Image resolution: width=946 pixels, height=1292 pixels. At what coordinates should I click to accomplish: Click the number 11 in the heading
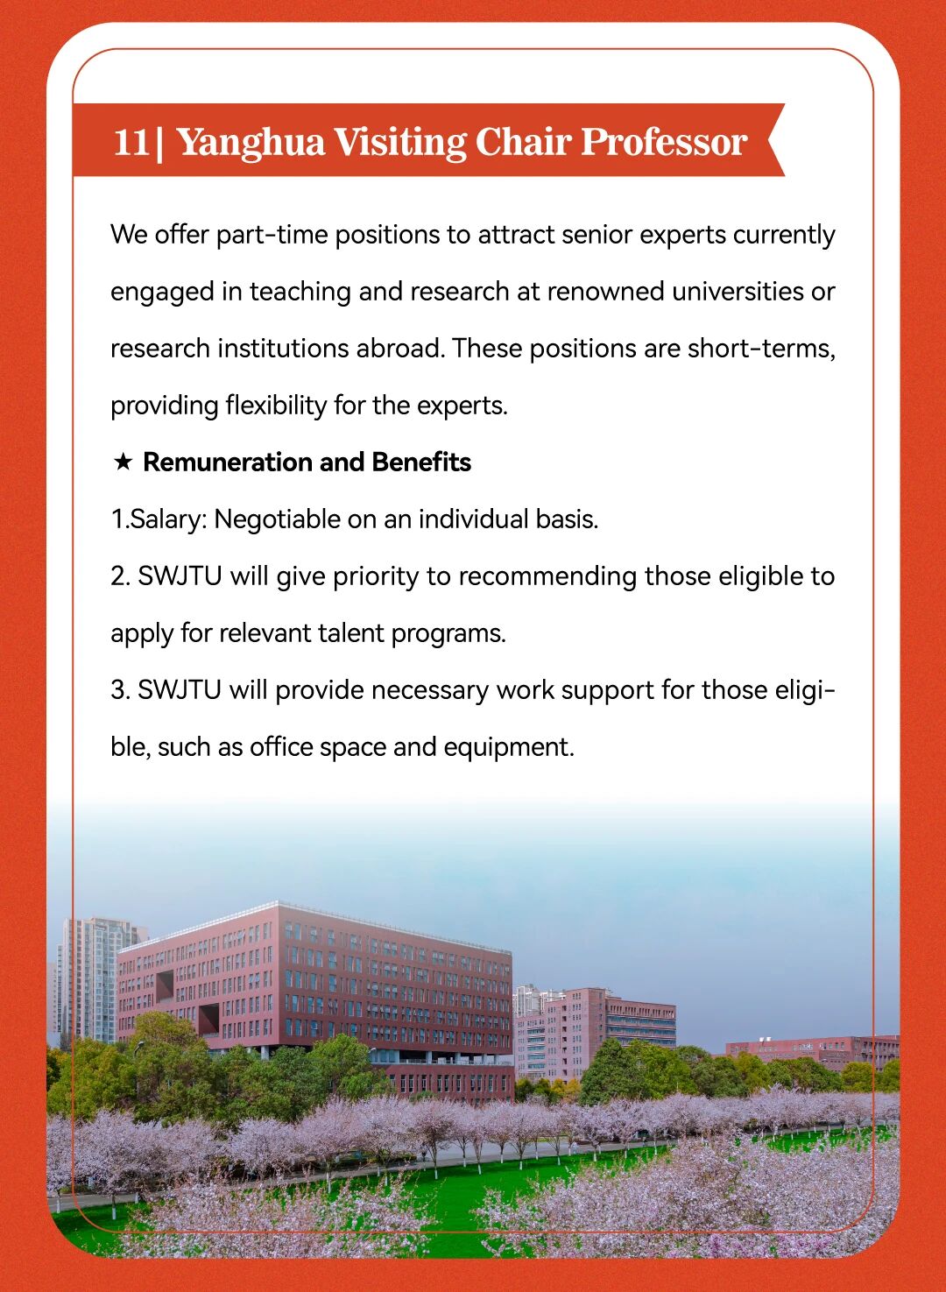point(131,142)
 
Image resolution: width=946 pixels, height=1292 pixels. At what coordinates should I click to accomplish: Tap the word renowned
point(605,292)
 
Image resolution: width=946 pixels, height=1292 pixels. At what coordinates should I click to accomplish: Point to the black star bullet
point(123,462)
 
